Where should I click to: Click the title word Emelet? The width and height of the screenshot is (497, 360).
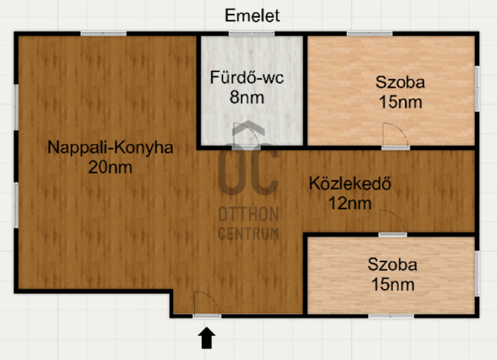pos(252,16)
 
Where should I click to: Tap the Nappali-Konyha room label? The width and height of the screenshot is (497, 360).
pos(110,147)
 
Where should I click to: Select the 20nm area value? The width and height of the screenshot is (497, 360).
pos(110,167)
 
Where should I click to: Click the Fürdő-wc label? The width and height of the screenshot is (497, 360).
pos(247,78)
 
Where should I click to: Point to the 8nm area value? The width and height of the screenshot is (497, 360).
pos(247,98)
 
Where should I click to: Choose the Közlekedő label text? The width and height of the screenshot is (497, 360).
pos(350,183)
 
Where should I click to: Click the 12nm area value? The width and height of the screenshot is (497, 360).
pos(350,203)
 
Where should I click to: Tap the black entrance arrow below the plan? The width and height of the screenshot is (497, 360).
pos(207,338)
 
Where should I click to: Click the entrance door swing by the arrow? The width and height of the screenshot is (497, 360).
pos(206,303)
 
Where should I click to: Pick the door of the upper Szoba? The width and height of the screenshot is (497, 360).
pos(395,135)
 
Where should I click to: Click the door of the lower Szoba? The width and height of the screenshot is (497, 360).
pos(393,222)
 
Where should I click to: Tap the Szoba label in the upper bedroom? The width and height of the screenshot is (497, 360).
pos(400,82)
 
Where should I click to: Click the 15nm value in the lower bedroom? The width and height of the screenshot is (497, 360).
pos(393,285)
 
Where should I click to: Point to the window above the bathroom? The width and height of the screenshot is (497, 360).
pos(252,34)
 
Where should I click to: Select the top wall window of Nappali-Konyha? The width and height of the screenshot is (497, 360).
pos(104,34)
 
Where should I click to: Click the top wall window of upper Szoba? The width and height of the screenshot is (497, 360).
pos(369,34)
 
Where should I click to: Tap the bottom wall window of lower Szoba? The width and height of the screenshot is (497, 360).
pos(391,316)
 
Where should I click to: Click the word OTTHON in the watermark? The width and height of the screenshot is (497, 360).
pos(248,214)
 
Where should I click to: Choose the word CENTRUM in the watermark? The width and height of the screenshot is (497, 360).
pos(248,233)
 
